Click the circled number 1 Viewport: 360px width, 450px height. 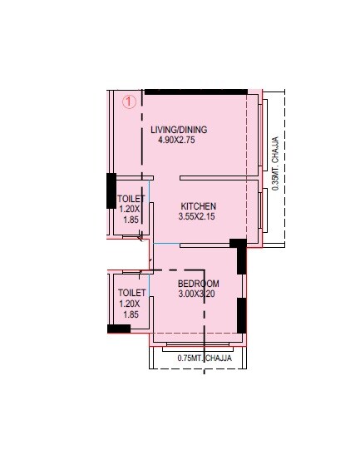click(129, 102)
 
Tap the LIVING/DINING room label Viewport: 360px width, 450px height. click(179, 130)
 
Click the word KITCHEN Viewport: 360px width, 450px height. click(200, 205)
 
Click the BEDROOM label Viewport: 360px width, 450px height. click(199, 284)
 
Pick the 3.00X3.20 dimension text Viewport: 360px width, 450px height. click(199, 294)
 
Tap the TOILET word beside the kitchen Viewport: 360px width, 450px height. click(131, 200)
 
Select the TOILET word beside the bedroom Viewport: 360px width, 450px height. click(131, 294)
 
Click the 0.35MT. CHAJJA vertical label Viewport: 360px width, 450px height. click(275, 166)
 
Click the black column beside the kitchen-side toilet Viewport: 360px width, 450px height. click(111, 190)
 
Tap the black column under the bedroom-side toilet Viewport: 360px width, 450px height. click(119, 329)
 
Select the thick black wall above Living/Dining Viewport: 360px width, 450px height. click(196, 91)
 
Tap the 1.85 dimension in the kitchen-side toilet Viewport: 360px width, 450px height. click(130, 220)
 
